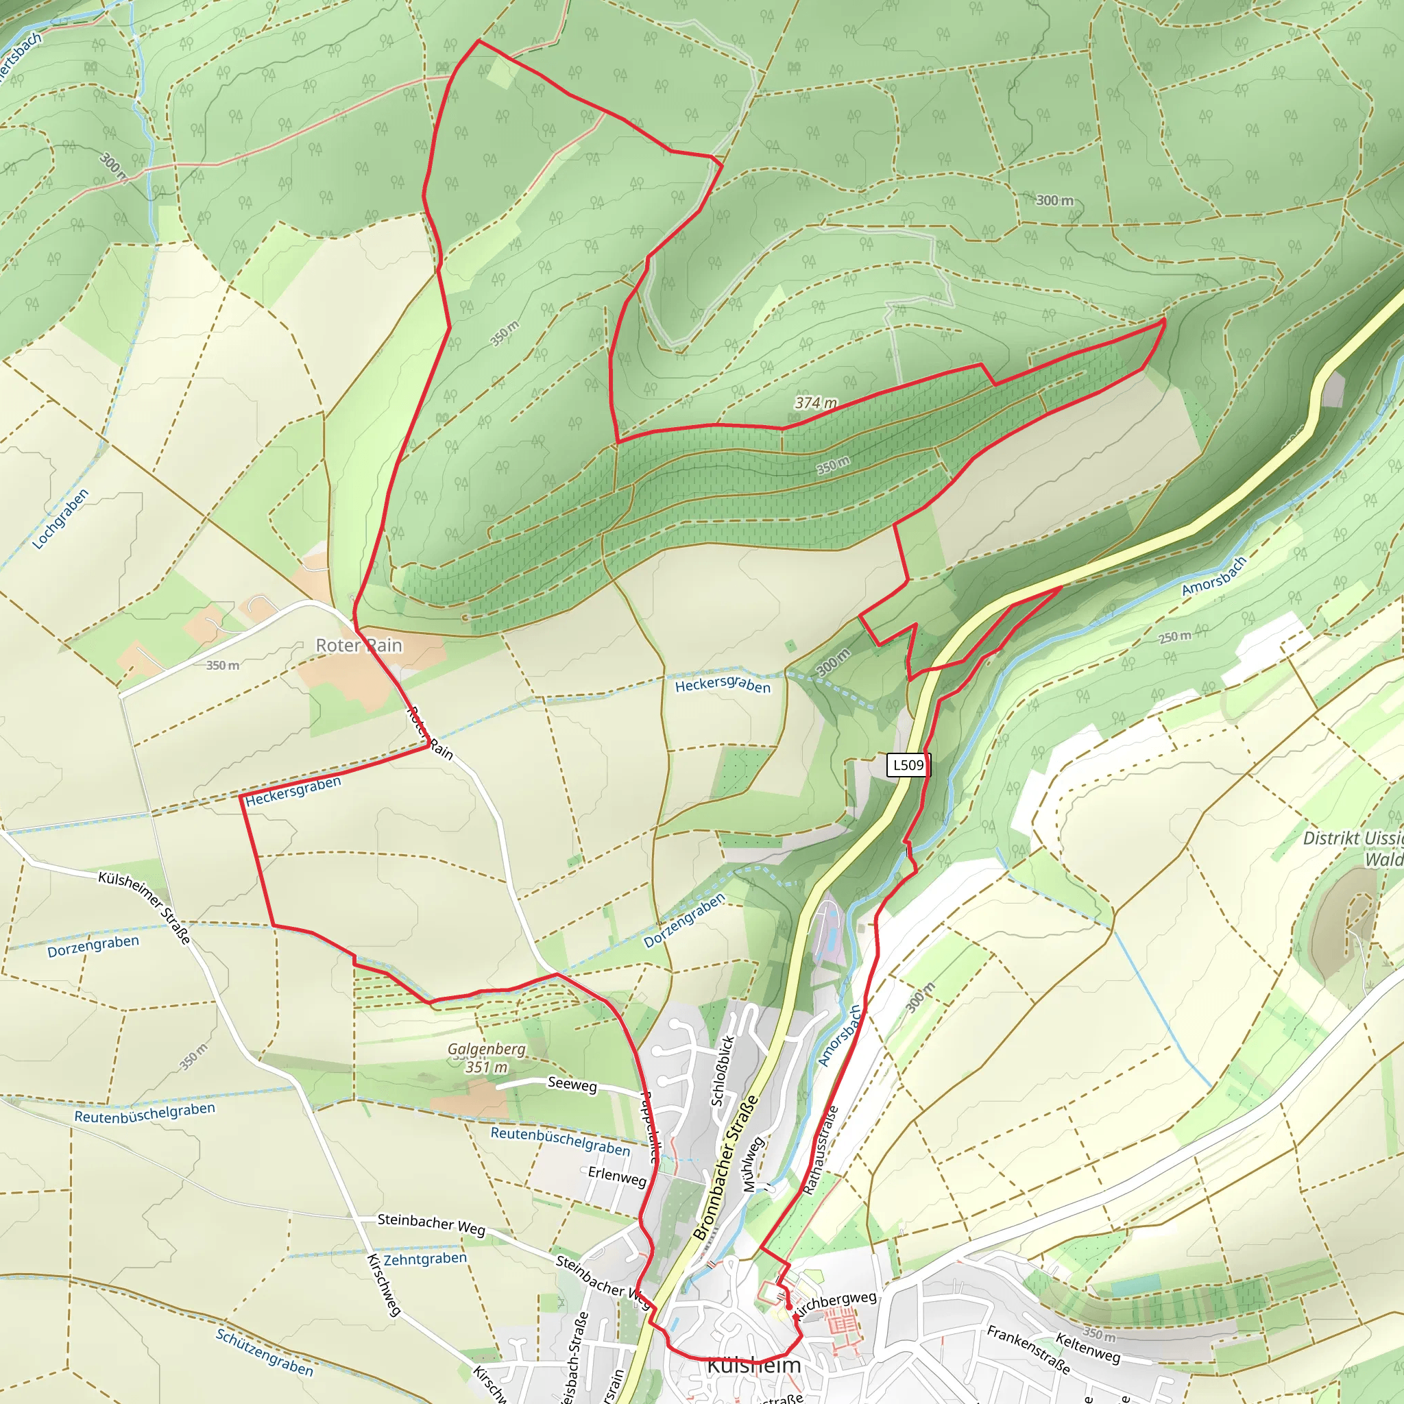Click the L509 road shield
pos(908,764)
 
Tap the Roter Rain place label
pos(359,645)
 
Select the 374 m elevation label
pos(815,402)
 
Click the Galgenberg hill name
pos(486,1049)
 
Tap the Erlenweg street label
pos(617,1176)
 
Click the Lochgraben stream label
pos(60,518)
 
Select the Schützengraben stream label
pos(265,1353)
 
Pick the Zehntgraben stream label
pos(425,1259)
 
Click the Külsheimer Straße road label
pos(145,908)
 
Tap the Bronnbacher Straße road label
pos(725,1167)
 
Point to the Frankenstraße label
pos(1028,1348)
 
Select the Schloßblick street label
pos(723,1070)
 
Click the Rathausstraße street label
pos(821,1150)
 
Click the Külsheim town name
pos(753,1365)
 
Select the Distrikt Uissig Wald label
pos(1353,848)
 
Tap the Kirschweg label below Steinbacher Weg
pos(384,1285)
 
